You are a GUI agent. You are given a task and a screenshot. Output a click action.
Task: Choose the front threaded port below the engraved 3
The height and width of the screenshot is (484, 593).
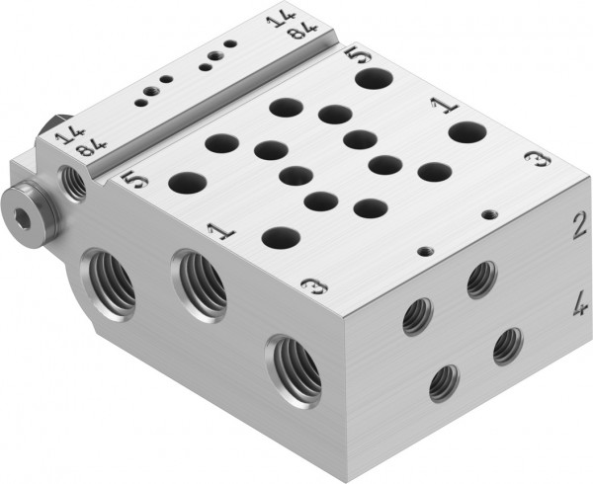294,367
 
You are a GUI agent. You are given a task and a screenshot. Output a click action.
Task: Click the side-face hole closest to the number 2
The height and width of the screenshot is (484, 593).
481,280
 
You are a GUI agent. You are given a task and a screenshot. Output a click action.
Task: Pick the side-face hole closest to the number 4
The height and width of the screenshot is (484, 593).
508,344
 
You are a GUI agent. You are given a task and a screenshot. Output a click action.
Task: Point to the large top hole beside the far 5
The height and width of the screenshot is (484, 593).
374,77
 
